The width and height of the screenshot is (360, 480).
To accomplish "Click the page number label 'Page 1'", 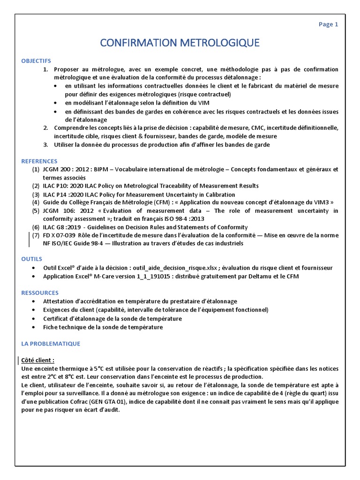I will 328,25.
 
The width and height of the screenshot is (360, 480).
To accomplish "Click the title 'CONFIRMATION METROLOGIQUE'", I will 180,43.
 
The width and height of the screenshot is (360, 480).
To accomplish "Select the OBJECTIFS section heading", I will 36,61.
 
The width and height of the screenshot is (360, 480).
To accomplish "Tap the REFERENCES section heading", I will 39,161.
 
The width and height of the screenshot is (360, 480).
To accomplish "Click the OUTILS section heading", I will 32,259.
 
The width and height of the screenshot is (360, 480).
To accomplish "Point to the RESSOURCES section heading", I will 40,292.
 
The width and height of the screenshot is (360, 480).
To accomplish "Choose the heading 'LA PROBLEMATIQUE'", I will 51,344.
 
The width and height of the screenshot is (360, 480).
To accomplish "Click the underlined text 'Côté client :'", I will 38,360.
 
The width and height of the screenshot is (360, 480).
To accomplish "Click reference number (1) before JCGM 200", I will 36,169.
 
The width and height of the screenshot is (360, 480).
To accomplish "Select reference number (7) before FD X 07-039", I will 36,235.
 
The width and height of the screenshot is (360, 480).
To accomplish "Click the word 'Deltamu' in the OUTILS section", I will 249,276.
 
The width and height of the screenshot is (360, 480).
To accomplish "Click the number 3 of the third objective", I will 45,144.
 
